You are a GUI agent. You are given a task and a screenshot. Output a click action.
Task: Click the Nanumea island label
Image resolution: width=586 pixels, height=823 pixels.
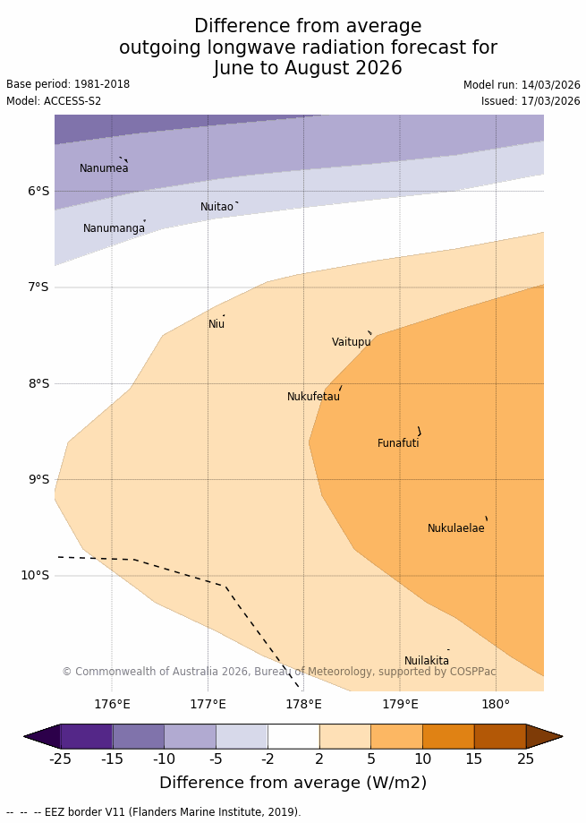pos(104,168)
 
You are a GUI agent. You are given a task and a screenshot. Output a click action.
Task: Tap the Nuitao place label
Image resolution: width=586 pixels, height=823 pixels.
pos(217,207)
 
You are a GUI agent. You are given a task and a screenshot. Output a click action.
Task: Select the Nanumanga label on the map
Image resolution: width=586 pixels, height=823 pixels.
pos(114,228)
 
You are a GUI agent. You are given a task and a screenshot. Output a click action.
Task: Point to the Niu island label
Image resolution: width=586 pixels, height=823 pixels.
pos(217,324)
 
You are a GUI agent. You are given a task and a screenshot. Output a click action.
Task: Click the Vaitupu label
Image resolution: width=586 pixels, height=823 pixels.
pos(351,342)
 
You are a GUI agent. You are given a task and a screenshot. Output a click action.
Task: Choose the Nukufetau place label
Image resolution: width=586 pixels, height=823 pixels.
pos(313,397)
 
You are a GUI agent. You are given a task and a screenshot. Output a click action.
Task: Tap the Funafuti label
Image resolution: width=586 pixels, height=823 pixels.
pos(398,443)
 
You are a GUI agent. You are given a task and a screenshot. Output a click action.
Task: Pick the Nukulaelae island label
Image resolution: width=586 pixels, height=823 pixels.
pos(455,528)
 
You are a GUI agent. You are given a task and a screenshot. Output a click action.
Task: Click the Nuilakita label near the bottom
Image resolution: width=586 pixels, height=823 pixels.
pos(427,661)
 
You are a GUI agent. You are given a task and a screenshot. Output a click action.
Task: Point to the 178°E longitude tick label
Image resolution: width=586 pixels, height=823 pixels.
pos(303,705)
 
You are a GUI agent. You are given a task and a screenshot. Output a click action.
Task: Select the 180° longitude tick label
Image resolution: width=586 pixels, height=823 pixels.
pos(496,705)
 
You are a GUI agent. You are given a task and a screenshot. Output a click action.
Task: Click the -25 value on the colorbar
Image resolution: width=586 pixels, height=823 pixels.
pos(60,759)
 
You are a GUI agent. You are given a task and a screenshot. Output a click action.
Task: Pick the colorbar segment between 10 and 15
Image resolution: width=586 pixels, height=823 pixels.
pos(448,736)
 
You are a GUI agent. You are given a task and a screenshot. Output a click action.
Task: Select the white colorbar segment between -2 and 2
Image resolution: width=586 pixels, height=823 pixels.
pos(293,736)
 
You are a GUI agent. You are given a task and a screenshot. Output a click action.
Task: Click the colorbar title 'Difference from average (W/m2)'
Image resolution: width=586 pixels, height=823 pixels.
pos(293,783)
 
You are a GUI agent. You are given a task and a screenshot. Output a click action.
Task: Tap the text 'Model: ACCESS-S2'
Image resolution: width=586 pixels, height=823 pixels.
pos(54,101)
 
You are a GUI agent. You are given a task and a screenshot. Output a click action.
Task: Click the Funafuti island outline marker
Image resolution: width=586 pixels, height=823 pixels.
pos(419,432)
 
